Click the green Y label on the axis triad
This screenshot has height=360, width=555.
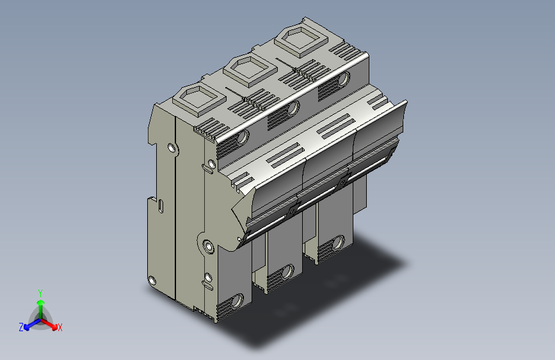click(x=40, y=293)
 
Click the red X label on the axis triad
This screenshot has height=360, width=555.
click(x=60, y=327)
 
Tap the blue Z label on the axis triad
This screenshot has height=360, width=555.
click(x=21, y=327)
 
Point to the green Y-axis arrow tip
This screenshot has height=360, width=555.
click(x=41, y=302)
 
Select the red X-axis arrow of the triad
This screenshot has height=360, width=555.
click(x=49, y=323)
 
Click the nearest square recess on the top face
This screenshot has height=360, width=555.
click(x=199, y=99)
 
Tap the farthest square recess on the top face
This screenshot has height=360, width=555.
click(x=301, y=40)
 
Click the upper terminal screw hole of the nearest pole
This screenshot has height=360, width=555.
click(x=243, y=137)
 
